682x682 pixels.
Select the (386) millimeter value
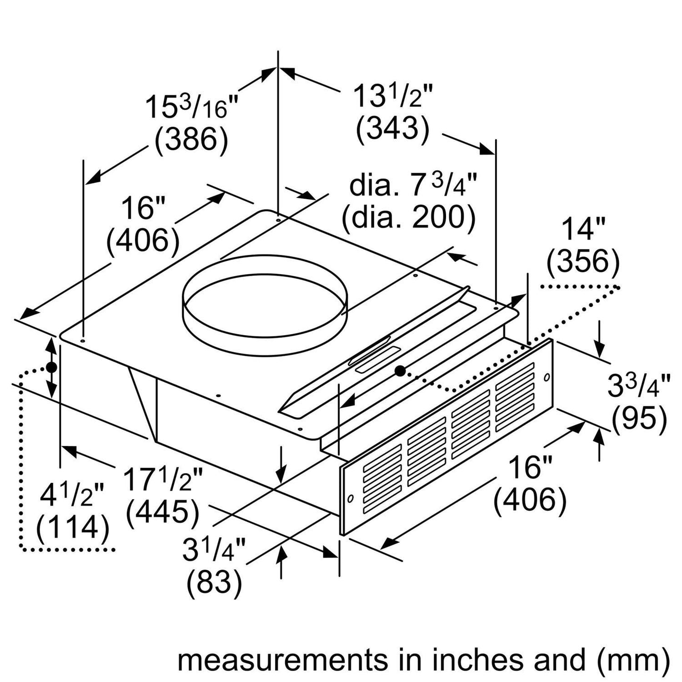192,139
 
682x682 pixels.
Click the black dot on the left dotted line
51,367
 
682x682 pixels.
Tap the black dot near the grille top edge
400,370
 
